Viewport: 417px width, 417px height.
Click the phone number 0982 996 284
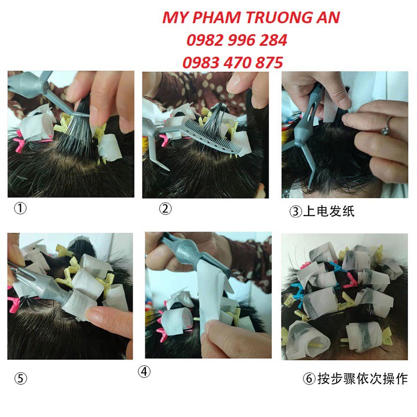(x=237, y=40)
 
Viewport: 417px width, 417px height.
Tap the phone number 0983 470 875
(x=233, y=63)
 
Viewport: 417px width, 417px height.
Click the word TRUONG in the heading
(x=273, y=17)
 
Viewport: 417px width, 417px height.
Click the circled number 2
(x=166, y=209)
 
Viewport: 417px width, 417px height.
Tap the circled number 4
(x=145, y=371)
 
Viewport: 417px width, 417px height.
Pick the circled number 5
(x=21, y=379)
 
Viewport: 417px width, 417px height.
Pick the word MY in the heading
(x=173, y=17)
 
